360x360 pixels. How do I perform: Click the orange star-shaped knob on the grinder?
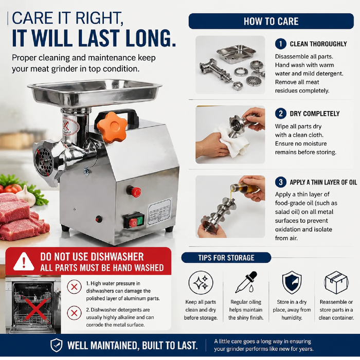click(112, 128)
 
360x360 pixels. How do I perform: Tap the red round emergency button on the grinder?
click(136, 192)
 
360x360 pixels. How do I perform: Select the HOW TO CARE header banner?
click(271, 21)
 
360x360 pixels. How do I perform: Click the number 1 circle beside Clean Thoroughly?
click(281, 44)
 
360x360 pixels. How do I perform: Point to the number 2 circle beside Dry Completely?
click(281, 114)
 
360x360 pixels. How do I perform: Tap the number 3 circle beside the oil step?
click(281, 182)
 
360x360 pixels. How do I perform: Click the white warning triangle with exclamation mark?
click(24, 262)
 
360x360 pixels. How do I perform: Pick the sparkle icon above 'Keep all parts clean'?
click(201, 283)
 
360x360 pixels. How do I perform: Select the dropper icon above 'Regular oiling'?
click(246, 282)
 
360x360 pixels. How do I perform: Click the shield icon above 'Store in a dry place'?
click(292, 282)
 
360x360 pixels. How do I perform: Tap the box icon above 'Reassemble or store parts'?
click(336, 282)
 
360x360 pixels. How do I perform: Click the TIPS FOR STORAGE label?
click(226, 258)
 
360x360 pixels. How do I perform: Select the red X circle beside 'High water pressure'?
click(74, 287)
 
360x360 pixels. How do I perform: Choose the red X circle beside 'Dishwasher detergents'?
click(74, 313)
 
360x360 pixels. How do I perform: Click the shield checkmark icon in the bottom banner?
click(56, 345)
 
